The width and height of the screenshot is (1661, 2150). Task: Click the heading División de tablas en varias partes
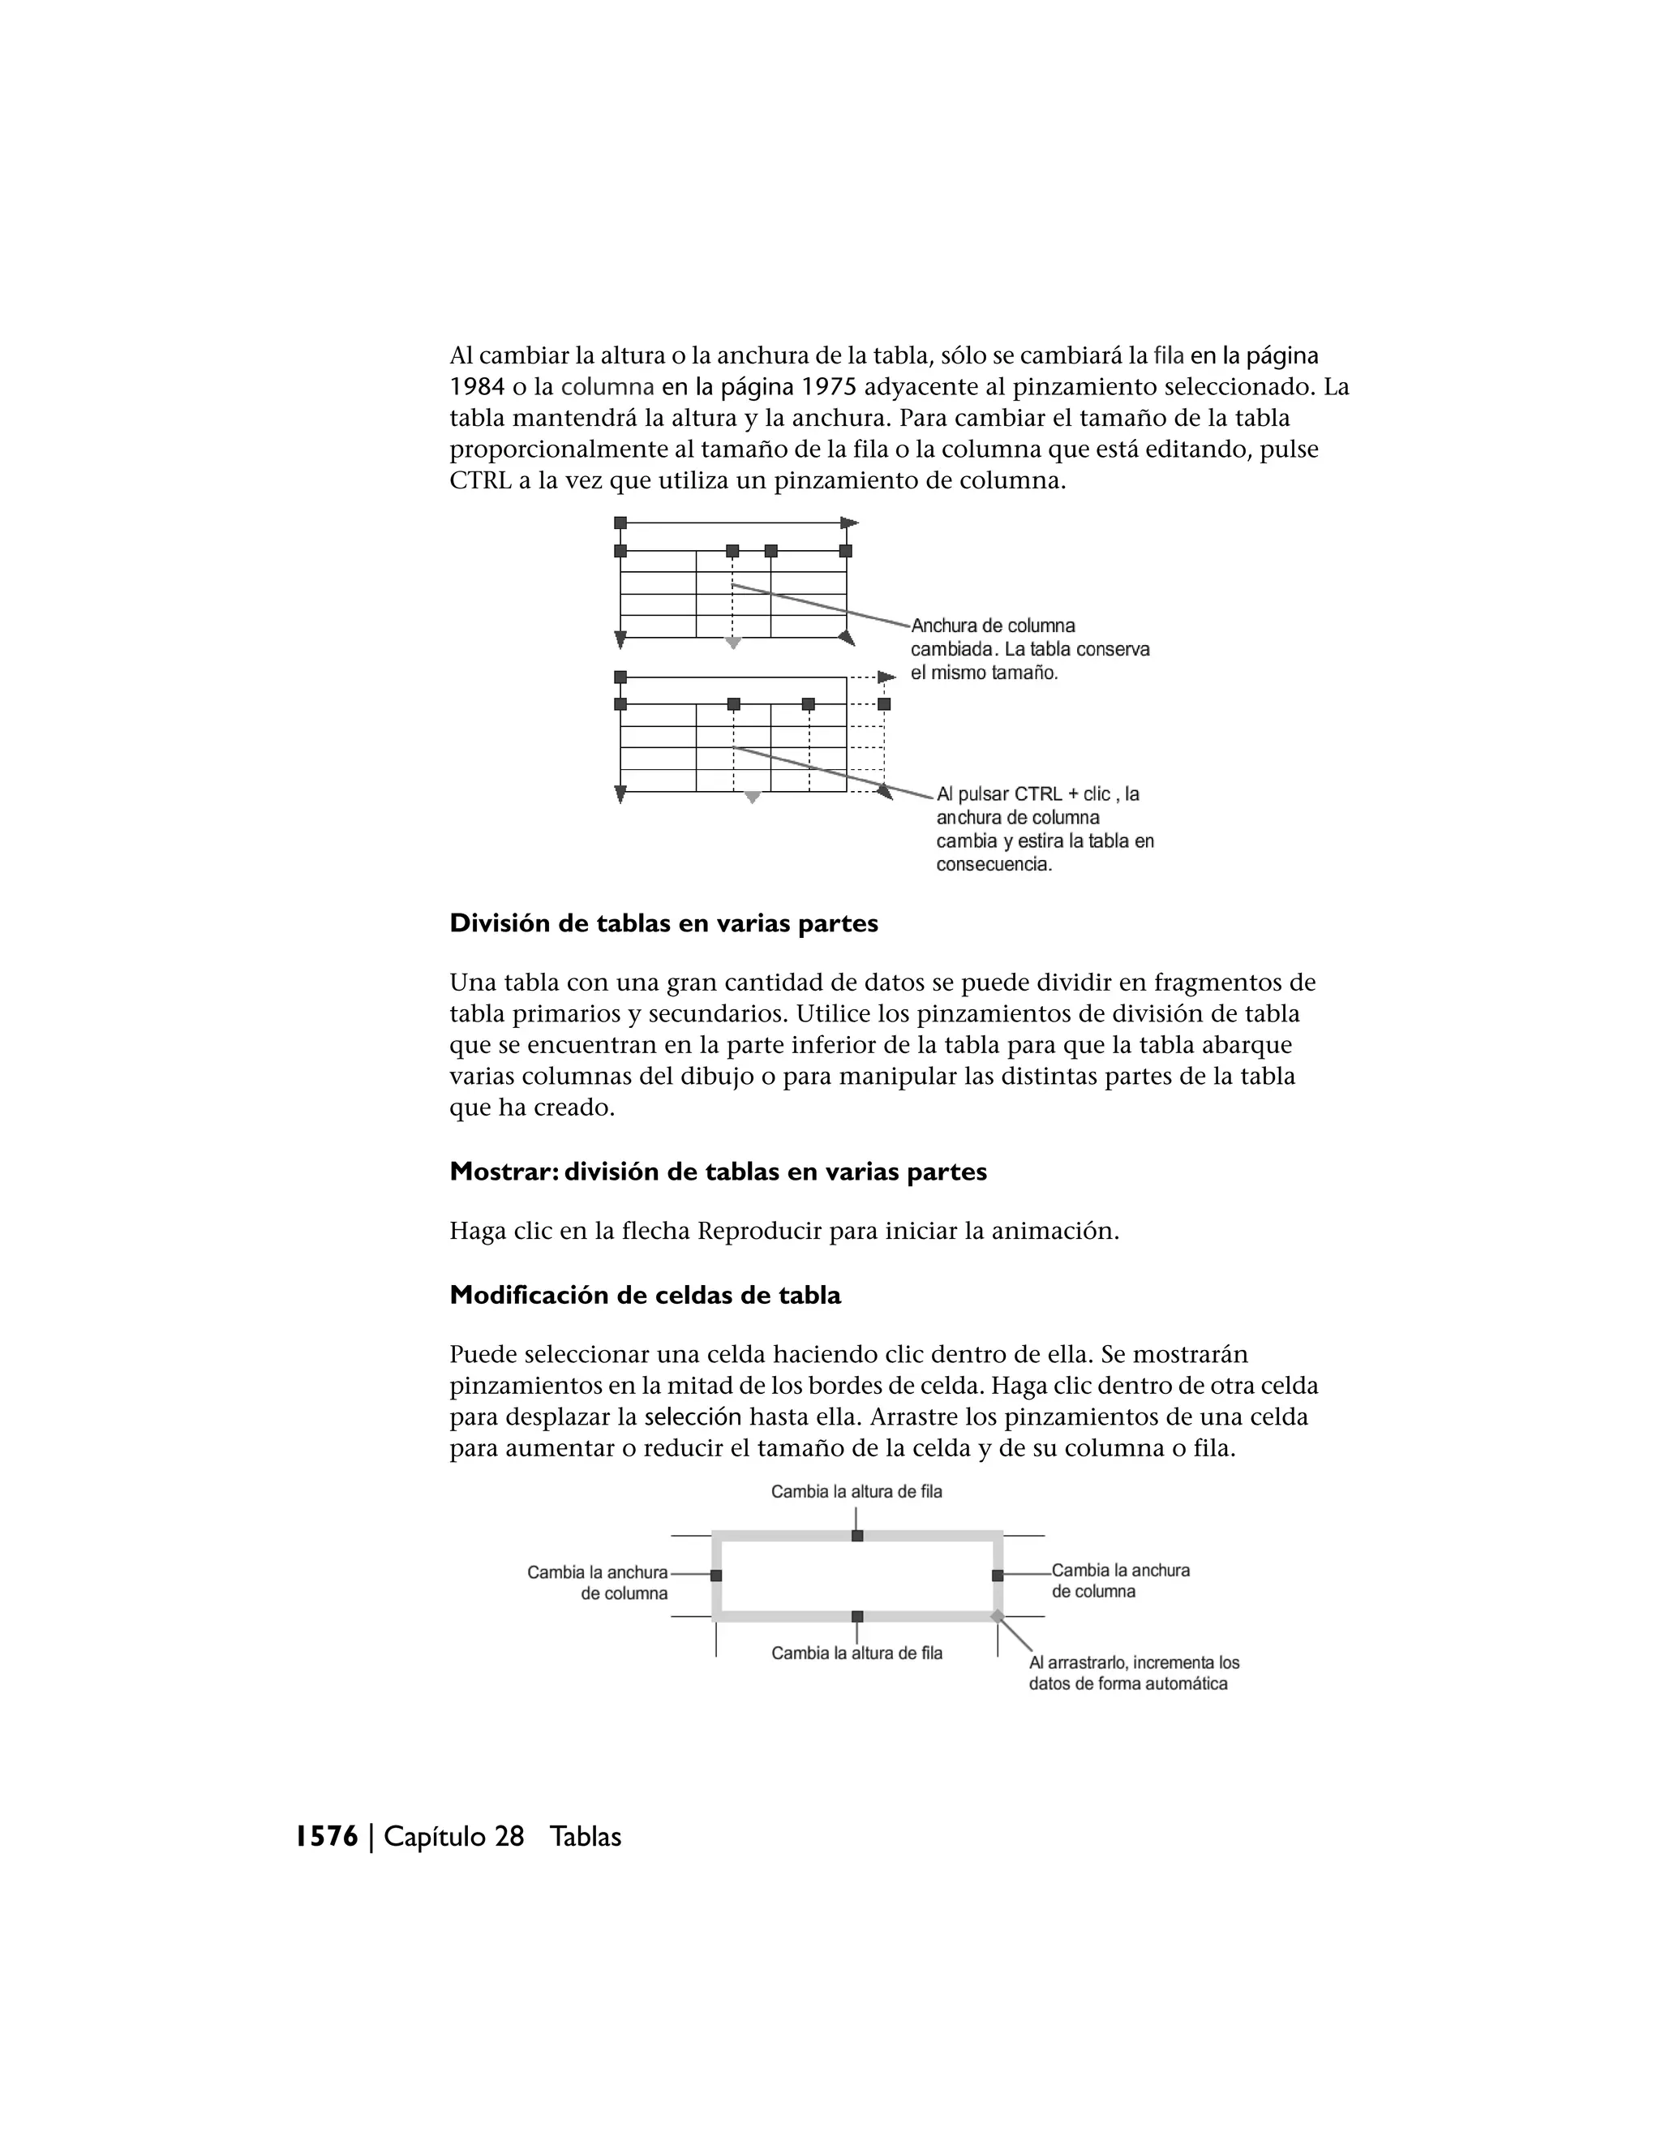[x=663, y=923]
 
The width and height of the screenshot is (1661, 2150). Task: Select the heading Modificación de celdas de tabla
[x=645, y=1295]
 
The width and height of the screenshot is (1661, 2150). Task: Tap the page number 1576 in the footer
[x=327, y=1836]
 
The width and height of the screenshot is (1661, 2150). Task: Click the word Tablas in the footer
[x=586, y=1836]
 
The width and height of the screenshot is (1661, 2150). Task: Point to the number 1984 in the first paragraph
[x=477, y=387]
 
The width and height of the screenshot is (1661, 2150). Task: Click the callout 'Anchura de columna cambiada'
[x=1028, y=649]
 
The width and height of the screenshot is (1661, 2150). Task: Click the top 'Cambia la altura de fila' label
[x=856, y=1491]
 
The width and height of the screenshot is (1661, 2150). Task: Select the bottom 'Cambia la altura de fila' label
[x=856, y=1653]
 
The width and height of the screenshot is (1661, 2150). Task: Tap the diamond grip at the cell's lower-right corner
[x=997, y=1615]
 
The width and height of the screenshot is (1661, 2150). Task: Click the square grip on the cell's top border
[x=857, y=1536]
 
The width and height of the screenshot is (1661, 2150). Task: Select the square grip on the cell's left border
[x=716, y=1575]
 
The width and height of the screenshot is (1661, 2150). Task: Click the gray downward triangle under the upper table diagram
[x=732, y=643]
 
